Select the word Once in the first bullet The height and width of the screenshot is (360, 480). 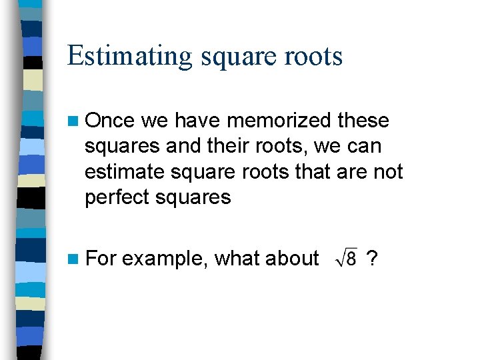(111, 121)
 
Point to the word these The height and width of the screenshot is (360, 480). (363, 121)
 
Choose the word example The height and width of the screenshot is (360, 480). (165, 259)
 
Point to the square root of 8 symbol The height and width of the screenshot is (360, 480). (347, 258)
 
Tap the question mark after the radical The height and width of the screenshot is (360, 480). (373, 258)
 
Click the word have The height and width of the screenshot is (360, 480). (198, 121)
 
